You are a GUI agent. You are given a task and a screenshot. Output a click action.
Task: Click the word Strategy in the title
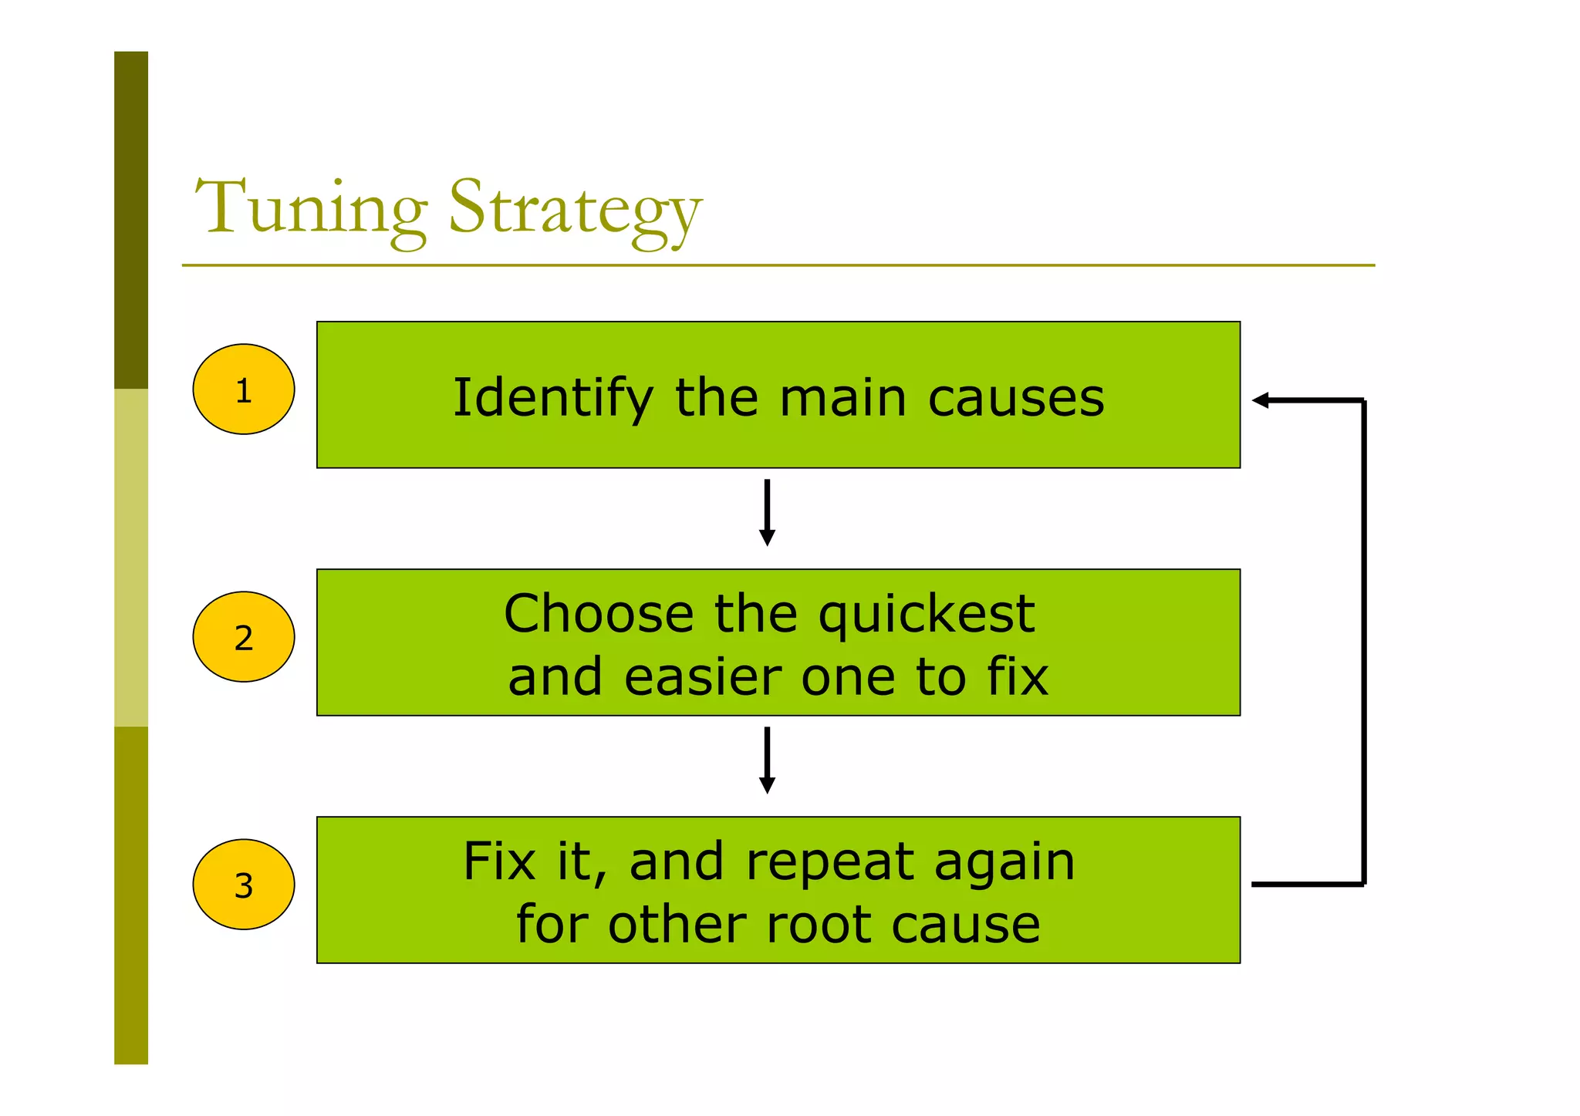575,210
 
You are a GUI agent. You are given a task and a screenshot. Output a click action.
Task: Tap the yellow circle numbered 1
244,389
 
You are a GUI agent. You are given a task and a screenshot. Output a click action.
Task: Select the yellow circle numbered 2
244,637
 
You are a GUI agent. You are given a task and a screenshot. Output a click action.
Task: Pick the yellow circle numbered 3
244,885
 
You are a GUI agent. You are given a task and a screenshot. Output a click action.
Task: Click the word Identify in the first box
552,398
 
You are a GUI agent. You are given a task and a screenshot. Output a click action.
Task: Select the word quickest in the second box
926,615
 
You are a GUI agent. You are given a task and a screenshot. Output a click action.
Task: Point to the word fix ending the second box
1018,676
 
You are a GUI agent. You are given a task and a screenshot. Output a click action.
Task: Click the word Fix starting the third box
498,861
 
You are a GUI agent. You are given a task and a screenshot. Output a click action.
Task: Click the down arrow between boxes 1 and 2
767,512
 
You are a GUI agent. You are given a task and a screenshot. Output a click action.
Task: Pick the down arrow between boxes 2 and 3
767,760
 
